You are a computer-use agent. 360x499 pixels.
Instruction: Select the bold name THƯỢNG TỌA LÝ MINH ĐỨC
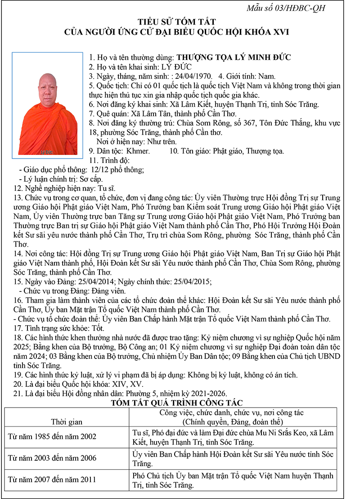click(x=234, y=57)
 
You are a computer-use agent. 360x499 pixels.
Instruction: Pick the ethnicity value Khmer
click(x=138, y=151)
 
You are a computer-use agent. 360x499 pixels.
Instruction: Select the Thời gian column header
click(x=67, y=422)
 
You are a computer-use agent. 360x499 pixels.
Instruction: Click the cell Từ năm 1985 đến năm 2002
click(x=53, y=436)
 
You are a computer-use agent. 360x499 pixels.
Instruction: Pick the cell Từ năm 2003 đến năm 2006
click(x=53, y=458)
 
